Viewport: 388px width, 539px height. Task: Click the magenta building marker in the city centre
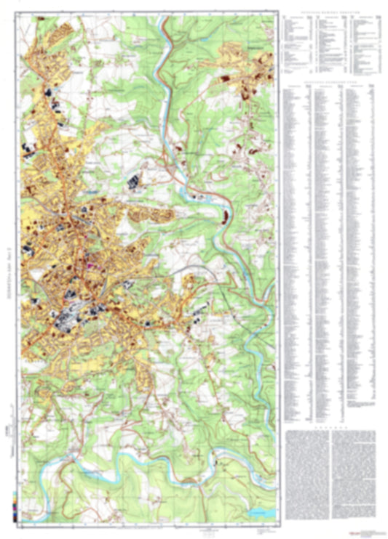92,266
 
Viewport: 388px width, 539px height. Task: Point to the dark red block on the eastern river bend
226,216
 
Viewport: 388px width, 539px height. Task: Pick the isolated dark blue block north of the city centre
134,182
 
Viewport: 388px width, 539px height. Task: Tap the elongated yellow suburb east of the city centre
153,215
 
